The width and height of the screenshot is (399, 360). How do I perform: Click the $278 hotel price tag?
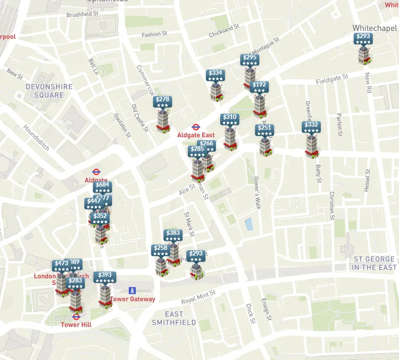click(162, 102)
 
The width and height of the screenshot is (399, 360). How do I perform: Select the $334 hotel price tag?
click(215, 75)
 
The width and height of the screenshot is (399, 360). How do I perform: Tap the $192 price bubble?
click(259, 87)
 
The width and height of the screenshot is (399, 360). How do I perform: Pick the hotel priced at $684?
click(102, 187)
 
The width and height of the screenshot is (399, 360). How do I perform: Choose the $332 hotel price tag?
click(311, 127)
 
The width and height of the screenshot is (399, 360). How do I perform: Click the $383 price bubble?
click(173, 235)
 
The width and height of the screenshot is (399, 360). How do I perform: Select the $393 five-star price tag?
click(105, 277)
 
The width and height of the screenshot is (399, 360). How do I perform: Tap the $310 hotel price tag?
click(229, 119)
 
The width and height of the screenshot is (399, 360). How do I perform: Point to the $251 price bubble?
click(265, 130)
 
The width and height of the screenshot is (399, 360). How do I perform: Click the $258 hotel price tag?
click(161, 250)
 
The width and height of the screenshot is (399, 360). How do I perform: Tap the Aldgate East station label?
click(196, 135)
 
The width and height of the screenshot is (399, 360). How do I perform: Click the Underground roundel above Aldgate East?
click(195, 127)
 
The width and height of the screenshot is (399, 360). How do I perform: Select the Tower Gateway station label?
click(133, 299)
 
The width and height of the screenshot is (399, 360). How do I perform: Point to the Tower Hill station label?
click(76, 325)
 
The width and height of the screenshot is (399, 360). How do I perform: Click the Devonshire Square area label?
click(49, 91)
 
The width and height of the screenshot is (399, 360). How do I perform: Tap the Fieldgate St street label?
click(332, 80)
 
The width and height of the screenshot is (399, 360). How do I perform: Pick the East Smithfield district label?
click(174, 318)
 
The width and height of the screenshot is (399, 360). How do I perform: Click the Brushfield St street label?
click(82, 15)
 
